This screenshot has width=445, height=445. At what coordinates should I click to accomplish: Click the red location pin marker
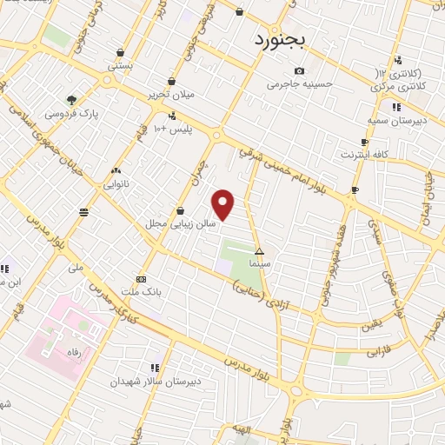pyautogui.click(x=224, y=204)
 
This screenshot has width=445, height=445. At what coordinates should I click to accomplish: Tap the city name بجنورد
pyautogui.click(x=282, y=40)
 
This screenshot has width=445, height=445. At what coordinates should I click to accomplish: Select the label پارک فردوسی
pyautogui.click(x=73, y=114)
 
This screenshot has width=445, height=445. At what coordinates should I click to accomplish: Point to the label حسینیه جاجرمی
pyautogui.click(x=300, y=85)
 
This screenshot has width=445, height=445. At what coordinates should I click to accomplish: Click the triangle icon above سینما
pyautogui.click(x=259, y=251)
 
